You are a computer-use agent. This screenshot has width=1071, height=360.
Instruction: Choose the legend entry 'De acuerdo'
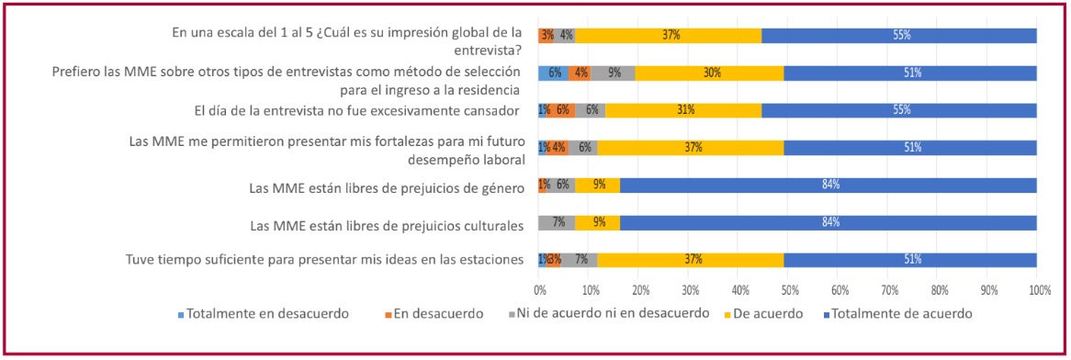pyautogui.click(x=772, y=313)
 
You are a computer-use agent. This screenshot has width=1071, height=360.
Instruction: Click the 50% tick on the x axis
pyautogui.click(x=787, y=290)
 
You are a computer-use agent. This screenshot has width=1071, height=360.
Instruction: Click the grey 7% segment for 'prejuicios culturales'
pyautogui.click(x=557, y=223)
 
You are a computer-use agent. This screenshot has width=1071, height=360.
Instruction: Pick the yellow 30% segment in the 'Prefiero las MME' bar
pyautogui.click(x=708, y=73)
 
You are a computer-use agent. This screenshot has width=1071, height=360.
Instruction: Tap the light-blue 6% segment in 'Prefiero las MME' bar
pyautogui.click(x=553, y=73)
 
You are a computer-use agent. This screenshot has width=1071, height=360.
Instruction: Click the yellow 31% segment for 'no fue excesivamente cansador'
pyautogui.click(x=682, y=110)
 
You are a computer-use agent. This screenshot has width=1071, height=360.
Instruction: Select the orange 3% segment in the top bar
pyautogui.click(x=547, y=36)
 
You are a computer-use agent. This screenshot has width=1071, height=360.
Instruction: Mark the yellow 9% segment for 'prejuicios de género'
pyautogui.click(x=598, y=186)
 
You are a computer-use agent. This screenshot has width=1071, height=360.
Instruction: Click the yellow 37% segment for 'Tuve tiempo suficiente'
pyautogui.click(x=689, y=260)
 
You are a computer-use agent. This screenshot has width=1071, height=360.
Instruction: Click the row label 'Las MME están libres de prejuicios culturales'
pyautogui.click(x=387, y=224)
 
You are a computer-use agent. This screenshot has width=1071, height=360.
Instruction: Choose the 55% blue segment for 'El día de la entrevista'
pyautogui.click(x=900, y=110)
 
